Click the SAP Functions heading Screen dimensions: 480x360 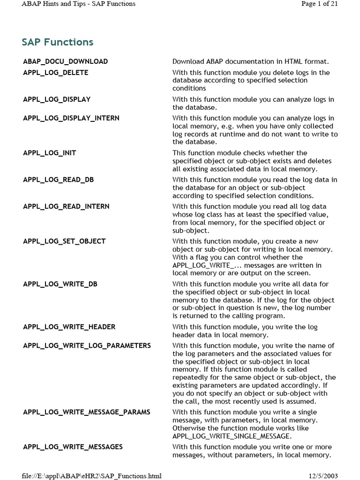tap(58, 42)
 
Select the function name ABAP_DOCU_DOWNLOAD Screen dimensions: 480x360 tap(66, 61)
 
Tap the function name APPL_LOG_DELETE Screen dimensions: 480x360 tap(56, 73)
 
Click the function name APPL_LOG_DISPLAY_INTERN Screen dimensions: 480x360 tap(71, 118)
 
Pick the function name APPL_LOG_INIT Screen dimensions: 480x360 tap(50, 153)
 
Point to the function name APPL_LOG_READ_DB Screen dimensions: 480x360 tap(59, 180)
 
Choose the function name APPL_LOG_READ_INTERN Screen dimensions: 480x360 tap(66, 206)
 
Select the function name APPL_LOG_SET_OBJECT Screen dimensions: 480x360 tap(64, 241)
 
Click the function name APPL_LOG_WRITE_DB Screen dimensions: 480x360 tap(60, 284)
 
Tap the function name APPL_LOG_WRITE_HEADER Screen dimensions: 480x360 tap(69, 327)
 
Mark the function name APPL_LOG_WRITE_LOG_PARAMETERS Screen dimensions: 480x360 tap(87, 345)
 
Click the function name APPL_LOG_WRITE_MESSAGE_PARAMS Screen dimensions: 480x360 tap(87, 412)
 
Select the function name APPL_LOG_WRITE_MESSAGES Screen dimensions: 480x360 tap(73, 447)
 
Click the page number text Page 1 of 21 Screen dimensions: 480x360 tap(319, 4)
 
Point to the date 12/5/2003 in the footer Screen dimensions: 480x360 tap(323, 476)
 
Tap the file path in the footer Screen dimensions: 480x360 tap(91, 476)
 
